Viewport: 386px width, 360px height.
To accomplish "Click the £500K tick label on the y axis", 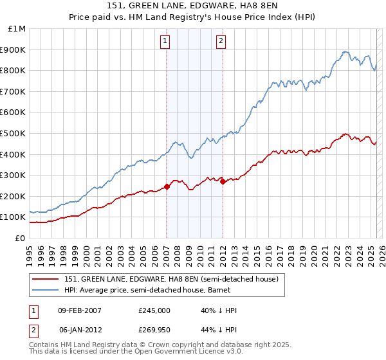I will tap(13, 133).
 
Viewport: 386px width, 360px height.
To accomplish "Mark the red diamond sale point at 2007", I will tap(167, 186).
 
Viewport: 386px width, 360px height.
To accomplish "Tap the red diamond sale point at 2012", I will tap(223, 181).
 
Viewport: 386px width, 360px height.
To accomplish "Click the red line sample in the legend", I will tap(46, 279).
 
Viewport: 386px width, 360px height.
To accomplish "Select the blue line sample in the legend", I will tap(46, 290).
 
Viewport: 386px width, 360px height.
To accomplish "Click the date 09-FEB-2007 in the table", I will tap(80, 310).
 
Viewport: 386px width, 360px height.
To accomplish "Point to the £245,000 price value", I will tap(154, 310).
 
